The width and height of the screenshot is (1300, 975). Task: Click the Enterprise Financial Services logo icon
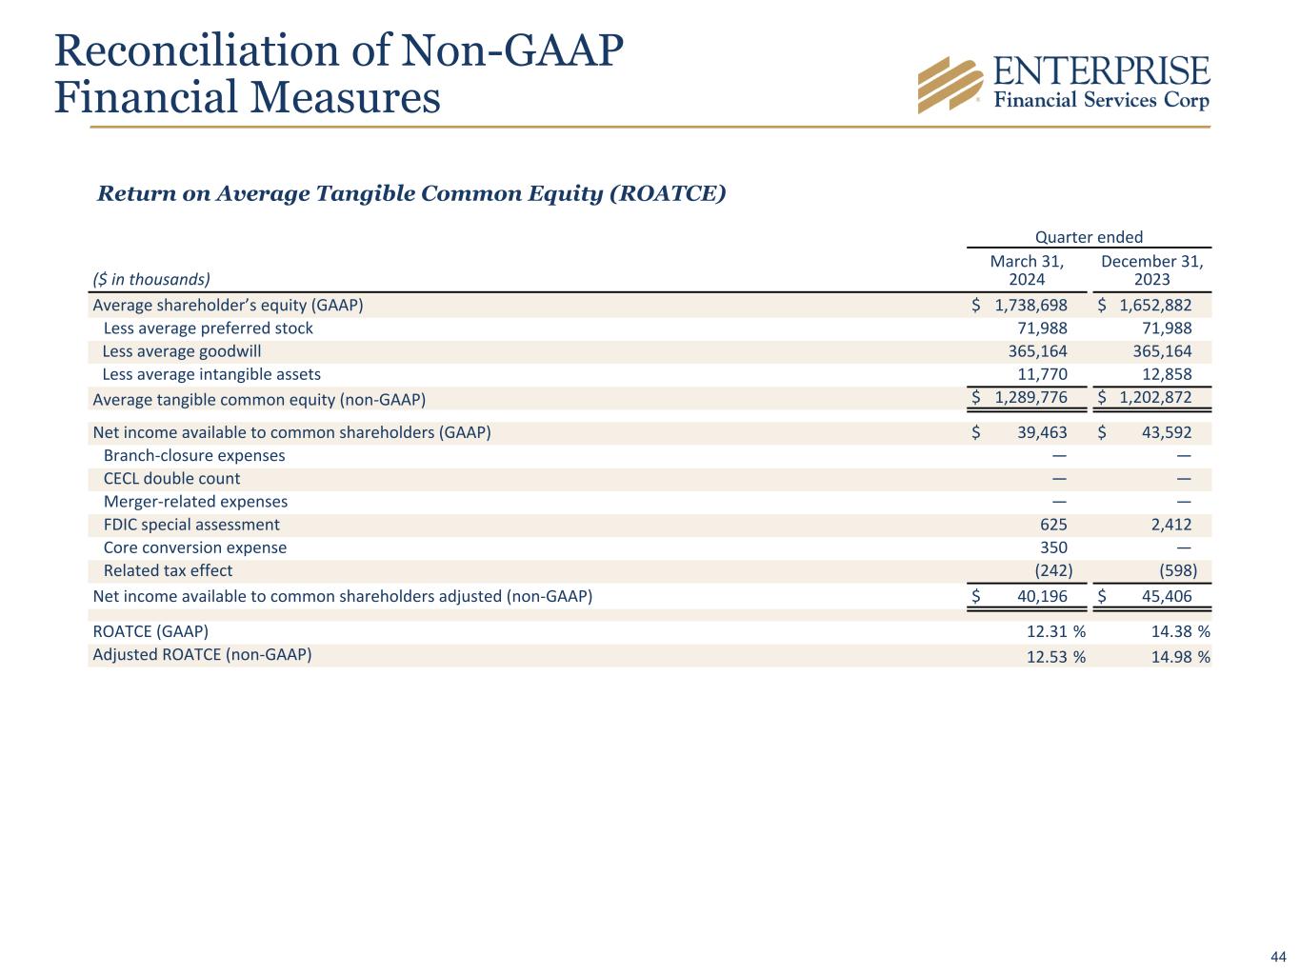coord(950,85)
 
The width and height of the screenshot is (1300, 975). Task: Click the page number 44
coord(1278,957)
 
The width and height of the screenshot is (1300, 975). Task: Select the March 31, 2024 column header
coord(1027,270)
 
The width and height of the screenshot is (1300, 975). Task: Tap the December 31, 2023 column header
coord(1151,270)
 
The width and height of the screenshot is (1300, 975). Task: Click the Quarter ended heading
coord(1089,237)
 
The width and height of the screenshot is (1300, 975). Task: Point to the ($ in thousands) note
coord(151,279)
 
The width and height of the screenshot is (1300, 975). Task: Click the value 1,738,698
coord(1030,306)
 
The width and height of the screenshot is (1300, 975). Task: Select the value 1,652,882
coord(1155,306)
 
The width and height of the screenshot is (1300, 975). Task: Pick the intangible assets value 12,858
coord(1167,374)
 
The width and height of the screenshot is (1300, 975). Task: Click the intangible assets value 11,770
coord(1043,374)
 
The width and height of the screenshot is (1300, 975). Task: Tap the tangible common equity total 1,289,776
coord(1030,397)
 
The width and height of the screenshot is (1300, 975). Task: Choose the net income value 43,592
coord(1167,432)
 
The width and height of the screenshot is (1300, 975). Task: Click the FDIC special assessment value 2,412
coord(1171,525)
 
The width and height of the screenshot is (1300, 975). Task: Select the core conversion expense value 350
coord(1053,547)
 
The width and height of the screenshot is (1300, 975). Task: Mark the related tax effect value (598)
coord(1178,570)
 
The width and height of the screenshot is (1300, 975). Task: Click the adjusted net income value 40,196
coord(1042,596)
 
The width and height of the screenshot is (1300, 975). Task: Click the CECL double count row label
coord(171,479)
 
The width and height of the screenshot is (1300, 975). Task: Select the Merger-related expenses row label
coord(195,502)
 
